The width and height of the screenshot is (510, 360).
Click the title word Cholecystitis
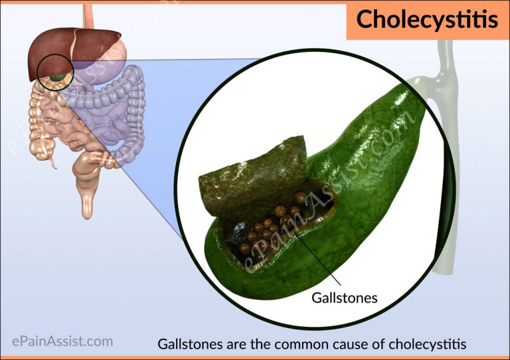tap(426, 19)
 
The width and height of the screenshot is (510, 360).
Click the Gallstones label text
tap(344, 298)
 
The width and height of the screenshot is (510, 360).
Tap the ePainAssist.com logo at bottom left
tap(62, 342)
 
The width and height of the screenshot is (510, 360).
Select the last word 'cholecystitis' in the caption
tap(430, 345)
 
